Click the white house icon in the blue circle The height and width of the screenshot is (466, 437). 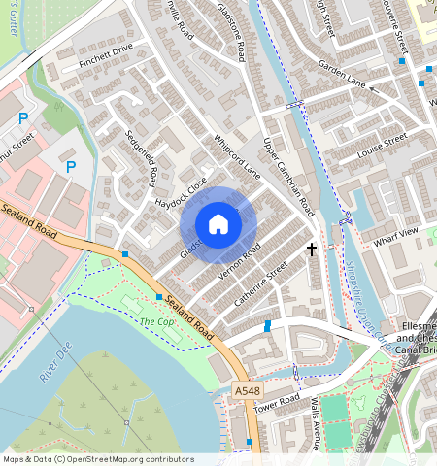(218, 224)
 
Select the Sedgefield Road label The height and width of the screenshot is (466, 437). (141, 160)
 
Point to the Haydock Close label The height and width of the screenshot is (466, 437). (182, 193)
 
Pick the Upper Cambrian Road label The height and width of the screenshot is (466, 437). (290, 176)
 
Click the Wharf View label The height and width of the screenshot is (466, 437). (395, 232)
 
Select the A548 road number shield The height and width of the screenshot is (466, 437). (248, 390)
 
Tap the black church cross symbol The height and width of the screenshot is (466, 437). (312, 250)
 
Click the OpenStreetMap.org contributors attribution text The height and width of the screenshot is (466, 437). (125, 459)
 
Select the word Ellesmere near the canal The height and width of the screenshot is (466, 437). (416, 325)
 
